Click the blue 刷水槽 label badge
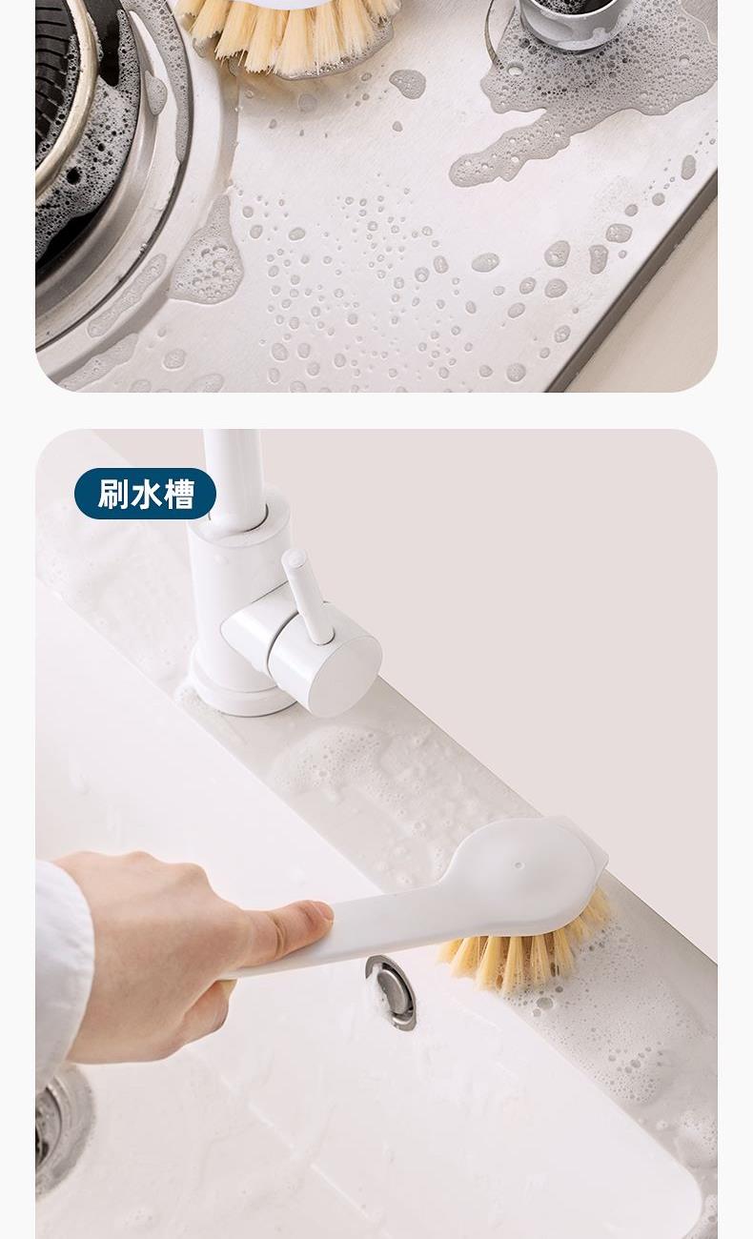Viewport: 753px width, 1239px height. [x=145, y=494]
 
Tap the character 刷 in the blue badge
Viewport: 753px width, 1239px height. [x=112, y=494]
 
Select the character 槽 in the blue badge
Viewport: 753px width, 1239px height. [x=178, y=494]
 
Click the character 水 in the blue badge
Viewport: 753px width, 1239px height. [x=146, y=494]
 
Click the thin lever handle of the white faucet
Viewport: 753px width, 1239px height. [x=306, y=598]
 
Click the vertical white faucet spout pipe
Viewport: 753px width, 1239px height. [x=233, y=476]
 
